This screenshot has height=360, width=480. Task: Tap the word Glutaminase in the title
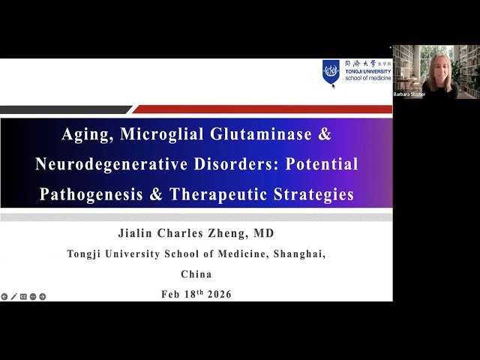(252, 136)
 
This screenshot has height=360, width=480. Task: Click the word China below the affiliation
(196, 274)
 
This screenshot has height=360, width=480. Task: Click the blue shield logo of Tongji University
(331, 71)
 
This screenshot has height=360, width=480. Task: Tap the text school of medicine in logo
(367, 78)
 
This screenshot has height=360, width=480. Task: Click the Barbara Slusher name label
(409, 94)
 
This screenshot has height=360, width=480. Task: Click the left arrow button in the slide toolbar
(4, 296)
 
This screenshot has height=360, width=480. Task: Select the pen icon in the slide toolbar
(13, 296)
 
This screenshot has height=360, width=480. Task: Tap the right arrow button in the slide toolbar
(43, 296)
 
